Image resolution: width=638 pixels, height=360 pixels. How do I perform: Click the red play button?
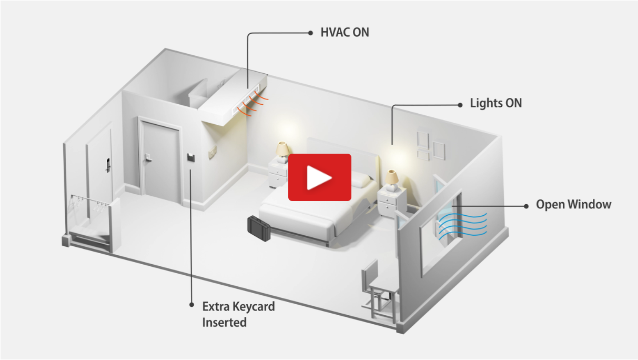point(319,177)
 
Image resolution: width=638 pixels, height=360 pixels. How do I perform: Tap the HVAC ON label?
point(345,33)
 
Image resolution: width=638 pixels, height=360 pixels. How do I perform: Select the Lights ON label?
point(495,103)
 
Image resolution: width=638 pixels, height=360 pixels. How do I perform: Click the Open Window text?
point(573,205)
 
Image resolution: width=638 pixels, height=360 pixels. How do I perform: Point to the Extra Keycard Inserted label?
point(238,314)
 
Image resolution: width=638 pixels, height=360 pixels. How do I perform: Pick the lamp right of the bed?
point(392,177)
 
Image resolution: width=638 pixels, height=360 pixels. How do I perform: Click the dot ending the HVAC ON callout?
point(311,33)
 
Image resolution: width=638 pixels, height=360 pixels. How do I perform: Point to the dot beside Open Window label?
point(526,205)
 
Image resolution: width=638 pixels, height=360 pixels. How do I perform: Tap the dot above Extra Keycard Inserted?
point(191,304)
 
